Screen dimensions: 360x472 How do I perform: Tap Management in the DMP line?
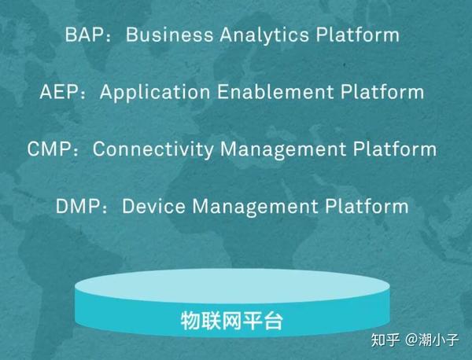(260, 207)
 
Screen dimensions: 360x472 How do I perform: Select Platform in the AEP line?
(384, 92)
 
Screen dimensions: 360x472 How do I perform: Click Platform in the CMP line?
(396, 149)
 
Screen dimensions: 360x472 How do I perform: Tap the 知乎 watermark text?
(385, 340)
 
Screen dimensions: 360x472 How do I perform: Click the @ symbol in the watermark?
(411, 340)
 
